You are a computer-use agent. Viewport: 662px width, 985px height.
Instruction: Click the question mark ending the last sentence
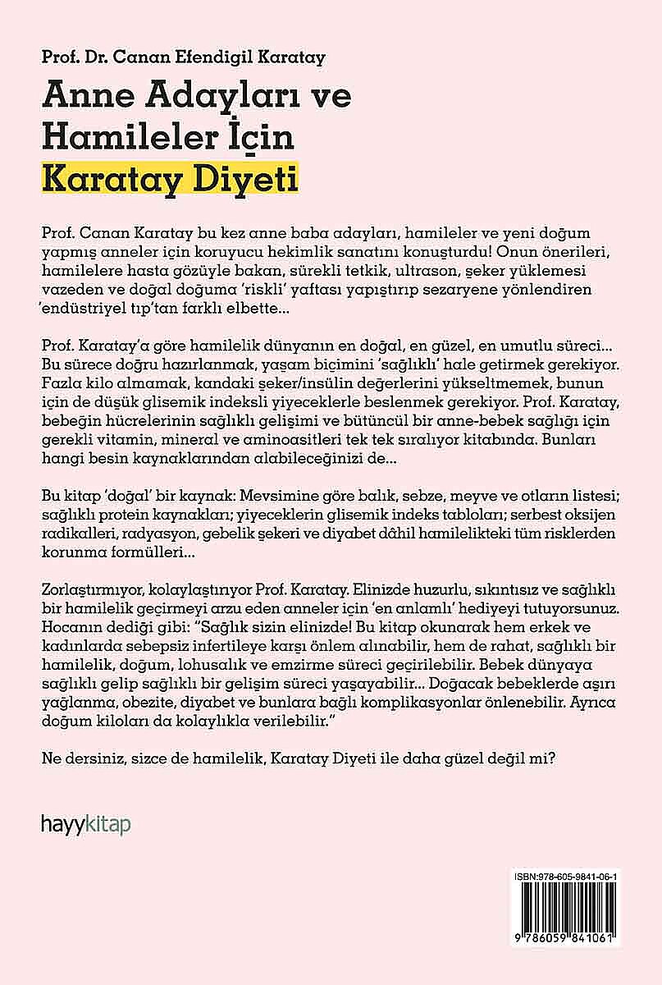(555, 758)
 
